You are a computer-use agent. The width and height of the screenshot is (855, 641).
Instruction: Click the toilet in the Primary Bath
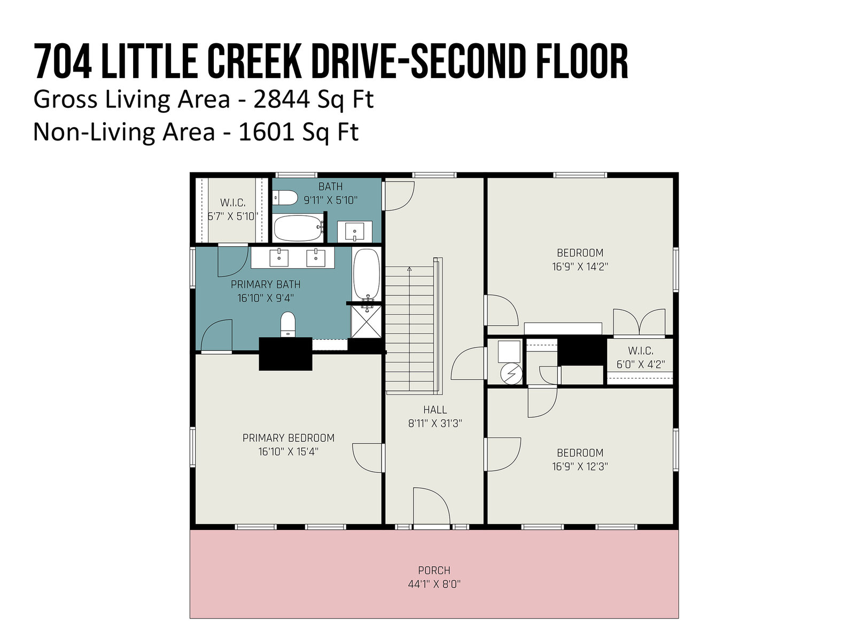click(288, 324)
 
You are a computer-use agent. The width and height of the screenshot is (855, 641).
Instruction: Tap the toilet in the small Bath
click(279, 198)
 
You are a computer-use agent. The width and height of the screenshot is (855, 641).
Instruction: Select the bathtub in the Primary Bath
click(367, 274)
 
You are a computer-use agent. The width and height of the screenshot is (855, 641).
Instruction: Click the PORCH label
click(434, 570)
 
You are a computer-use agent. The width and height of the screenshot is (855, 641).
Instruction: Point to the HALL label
click(434, 409)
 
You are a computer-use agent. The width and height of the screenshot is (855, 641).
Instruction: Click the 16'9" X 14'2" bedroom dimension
click(580, 267)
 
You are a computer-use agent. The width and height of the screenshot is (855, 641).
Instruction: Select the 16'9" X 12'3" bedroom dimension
click(580, 466)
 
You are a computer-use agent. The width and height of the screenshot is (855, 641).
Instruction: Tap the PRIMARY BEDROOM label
click(288, 438)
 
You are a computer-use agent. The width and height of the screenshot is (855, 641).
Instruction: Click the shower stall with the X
click(366, 322)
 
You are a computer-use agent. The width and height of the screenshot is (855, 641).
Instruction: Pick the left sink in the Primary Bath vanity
click(279, 258)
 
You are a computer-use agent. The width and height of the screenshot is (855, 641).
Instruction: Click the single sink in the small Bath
click(354, 231)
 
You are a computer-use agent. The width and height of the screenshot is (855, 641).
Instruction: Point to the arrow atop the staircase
click(409, 269)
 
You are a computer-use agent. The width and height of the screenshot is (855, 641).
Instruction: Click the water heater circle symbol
click(511, 373)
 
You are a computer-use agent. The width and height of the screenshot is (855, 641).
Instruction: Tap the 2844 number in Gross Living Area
click(282, 99)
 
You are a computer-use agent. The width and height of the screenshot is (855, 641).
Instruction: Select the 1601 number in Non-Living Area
click(267, 132)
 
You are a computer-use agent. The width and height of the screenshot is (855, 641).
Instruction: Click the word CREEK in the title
click(254, 61)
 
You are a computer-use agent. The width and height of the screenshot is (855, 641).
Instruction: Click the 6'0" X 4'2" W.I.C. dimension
click(640, 364)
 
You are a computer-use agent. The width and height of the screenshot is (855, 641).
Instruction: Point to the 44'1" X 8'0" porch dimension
click(434, 584)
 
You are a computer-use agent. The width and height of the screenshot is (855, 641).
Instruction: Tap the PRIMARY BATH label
click(265, 285)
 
